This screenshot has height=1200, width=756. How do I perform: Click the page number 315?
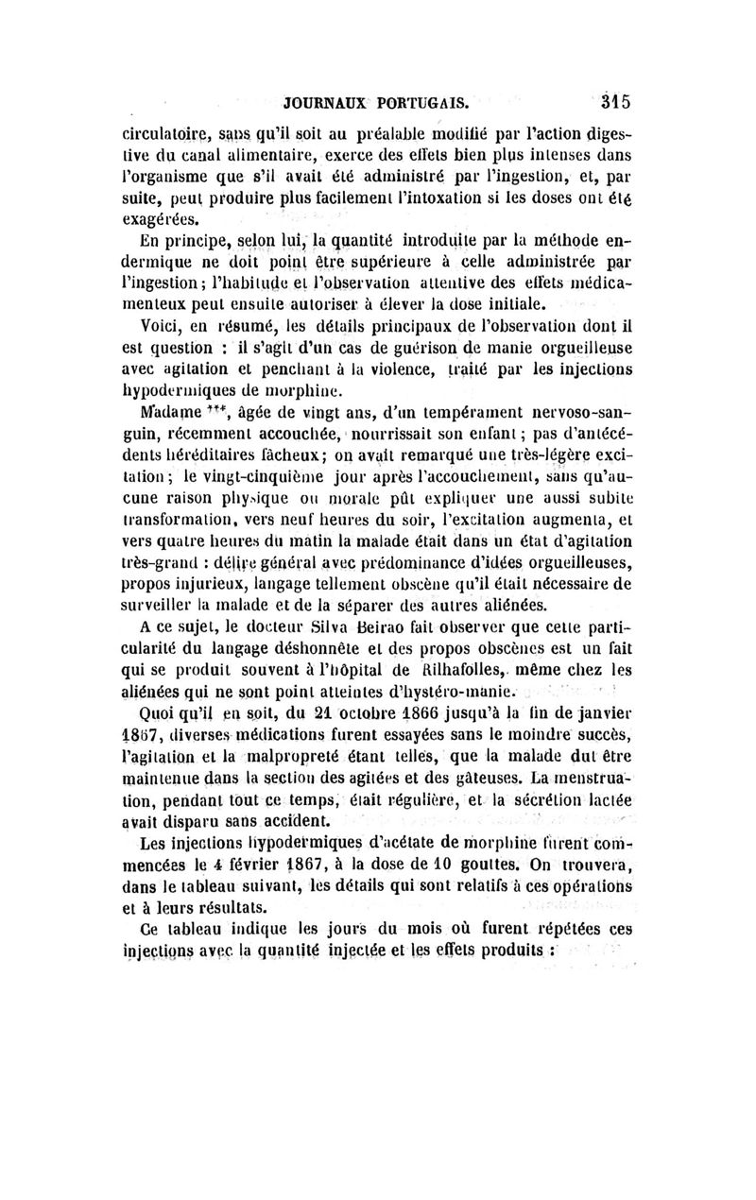(x=613, y=101)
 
